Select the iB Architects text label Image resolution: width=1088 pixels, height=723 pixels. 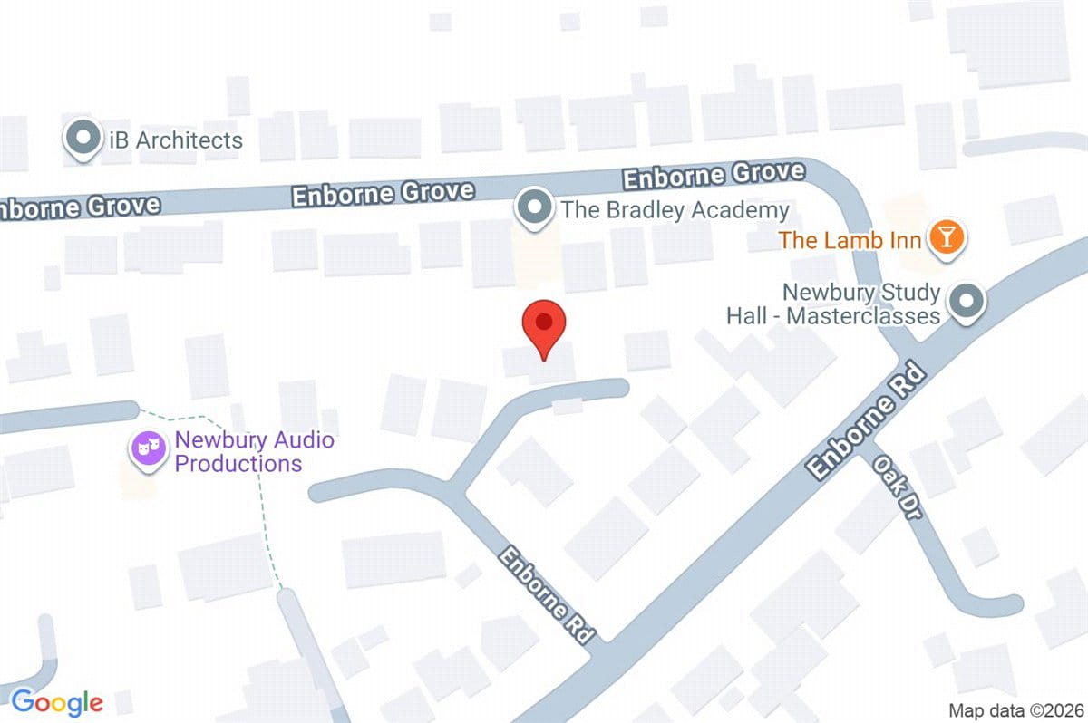click(x=172, y=140)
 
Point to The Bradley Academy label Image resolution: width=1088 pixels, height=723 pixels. click(x=675, y=211)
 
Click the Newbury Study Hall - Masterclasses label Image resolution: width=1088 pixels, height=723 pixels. click(x=832, y=304)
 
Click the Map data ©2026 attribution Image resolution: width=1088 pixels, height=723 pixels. click(x=1014, y=710)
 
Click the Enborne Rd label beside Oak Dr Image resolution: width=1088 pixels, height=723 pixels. click(x=868, y=421)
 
